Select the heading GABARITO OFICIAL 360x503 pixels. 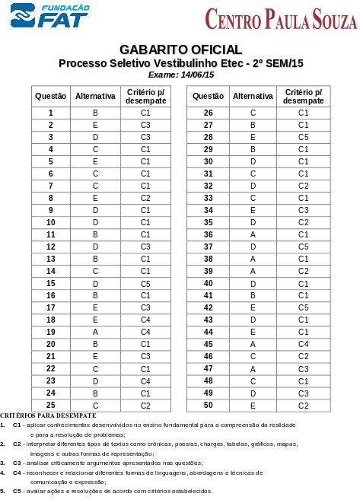[180, 50]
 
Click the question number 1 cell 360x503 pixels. [50, 113]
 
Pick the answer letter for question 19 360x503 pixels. [96, 332]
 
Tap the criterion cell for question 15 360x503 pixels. [145, 283]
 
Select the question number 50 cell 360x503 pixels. [209, 405]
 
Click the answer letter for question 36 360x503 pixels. [253, 234]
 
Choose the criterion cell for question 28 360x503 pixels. [303, 137]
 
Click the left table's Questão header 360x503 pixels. [50, 97]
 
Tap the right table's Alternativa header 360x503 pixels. [253, 97]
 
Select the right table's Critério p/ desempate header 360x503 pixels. [303, 97]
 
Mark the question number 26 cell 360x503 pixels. [209, 113]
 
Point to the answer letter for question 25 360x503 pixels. [96, 405]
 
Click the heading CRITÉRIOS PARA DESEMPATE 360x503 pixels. [48, 415]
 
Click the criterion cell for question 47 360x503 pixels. [303, 368]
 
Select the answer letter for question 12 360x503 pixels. [96, 247]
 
